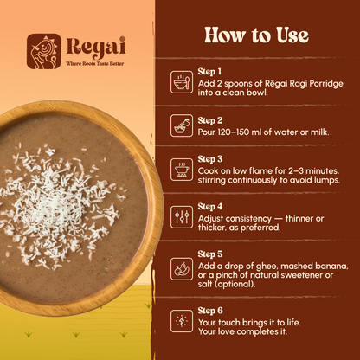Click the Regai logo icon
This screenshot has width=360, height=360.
pyautogui.click(x=43, y=50)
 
